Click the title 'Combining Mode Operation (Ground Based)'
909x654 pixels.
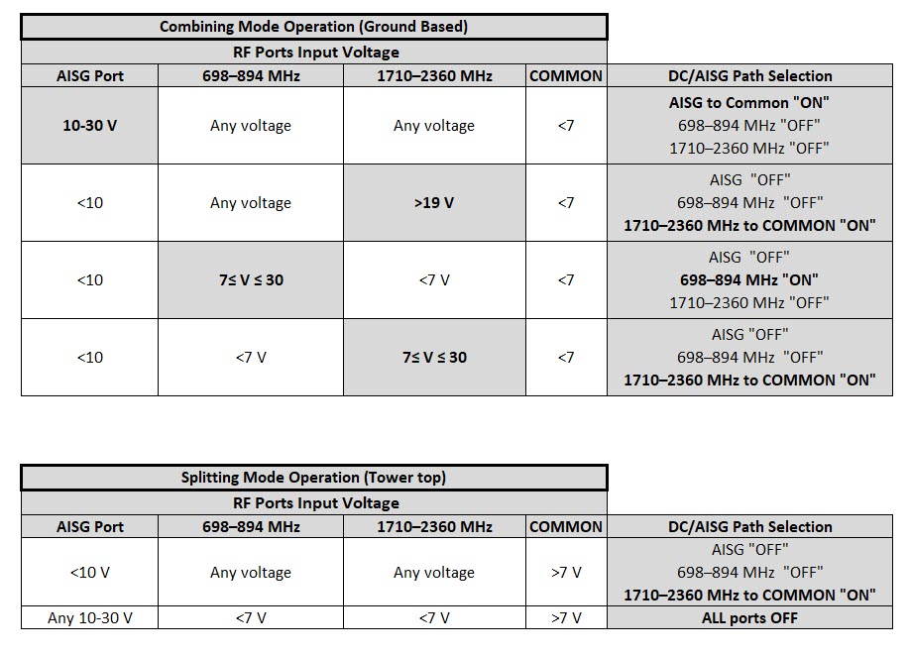coord(313,27)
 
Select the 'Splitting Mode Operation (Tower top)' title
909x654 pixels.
coord(313,478)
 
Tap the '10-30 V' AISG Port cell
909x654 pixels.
coord(89,126)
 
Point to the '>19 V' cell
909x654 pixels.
coord(434,203)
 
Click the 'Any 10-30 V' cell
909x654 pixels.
coord(89,618)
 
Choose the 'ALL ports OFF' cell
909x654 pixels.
coord(749,618)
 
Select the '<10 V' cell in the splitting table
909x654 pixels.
coord(89,573)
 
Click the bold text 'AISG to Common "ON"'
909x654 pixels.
coord(749,103)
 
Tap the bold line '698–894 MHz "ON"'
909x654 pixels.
coord(749,279)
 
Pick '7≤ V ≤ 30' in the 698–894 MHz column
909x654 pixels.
coord(251,279)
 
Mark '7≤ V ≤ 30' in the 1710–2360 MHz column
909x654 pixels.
coord(434,357)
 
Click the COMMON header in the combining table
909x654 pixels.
coord(565,76)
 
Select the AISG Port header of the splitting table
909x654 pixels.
coord(89,527)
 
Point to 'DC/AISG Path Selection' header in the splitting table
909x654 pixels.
coord(749,527)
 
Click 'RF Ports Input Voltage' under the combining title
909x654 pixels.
coord(313,53)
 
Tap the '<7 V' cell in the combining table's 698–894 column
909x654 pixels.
coord(251,357)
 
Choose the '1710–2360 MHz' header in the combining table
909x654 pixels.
coord(434,76)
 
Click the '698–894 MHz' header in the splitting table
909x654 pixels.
coord(251,527)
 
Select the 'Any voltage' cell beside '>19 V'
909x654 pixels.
coord(251,203)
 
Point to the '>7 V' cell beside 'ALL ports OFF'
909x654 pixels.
coord(565,618)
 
